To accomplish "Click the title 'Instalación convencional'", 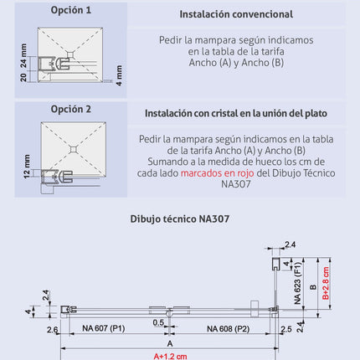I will point(236,15).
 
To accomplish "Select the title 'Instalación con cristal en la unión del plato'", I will point(236,113).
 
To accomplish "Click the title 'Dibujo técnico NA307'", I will point(179,219).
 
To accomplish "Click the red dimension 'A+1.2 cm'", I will point(170,355).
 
